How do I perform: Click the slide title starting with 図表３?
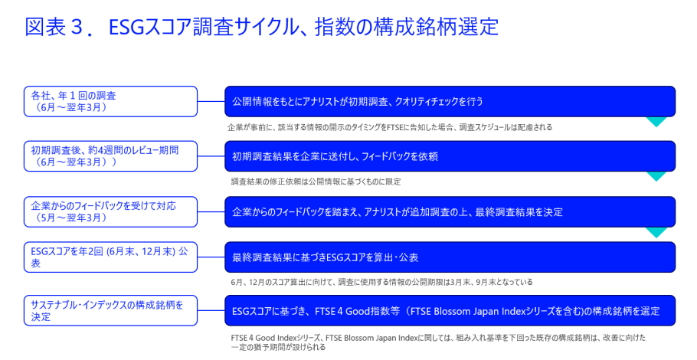pos(262,27)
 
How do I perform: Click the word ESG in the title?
pos(126,27)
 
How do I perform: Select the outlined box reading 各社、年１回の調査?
pos(111,102)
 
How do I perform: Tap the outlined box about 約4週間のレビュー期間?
pos(111,156)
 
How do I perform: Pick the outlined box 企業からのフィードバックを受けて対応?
pos(111,211)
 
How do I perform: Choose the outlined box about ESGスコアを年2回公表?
pos(111,257)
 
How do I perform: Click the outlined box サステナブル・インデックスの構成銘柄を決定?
pos(111,310)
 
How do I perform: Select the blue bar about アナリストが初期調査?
pos(450,102)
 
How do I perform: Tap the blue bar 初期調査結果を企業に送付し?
pos(450,156)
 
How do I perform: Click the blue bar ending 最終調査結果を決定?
pos(450,211)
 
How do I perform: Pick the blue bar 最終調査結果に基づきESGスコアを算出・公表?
pos(450,257)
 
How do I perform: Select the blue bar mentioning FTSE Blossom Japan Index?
pos(450,310)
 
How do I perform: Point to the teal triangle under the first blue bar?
pos(656,121)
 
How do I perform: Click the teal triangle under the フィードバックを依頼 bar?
pos(656,176)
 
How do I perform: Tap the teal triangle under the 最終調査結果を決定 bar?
pos(656,231)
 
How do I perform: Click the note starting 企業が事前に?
pos(390,128)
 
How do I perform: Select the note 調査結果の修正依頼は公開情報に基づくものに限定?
pos(316,182)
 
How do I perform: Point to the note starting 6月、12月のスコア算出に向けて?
pos(382,282)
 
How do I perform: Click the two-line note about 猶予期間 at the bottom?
pos(438,342)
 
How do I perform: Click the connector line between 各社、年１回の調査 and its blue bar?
pos(211,102)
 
